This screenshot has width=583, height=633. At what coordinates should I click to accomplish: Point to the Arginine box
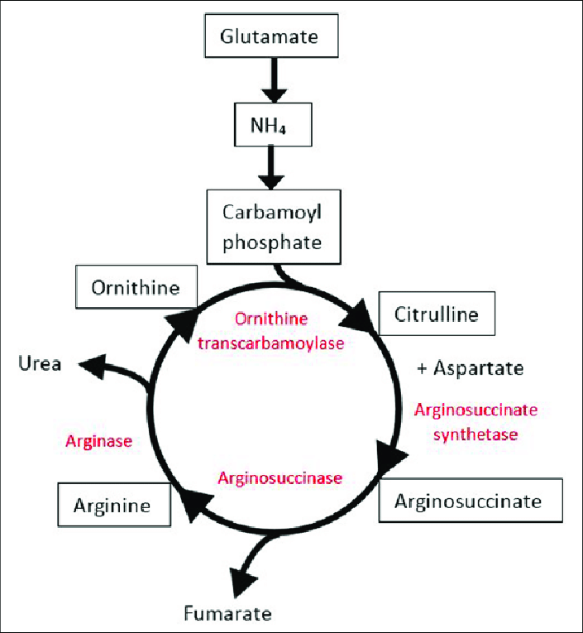pyautogui.click(x=113, y=504)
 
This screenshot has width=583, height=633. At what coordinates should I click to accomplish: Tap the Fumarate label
pyautogui.click(x=227, y=613)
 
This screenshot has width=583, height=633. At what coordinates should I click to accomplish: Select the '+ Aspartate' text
pyautogui.click(x=471, y=368)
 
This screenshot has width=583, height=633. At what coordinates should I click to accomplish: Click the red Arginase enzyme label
pyautogui.click(x=98, y=441)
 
